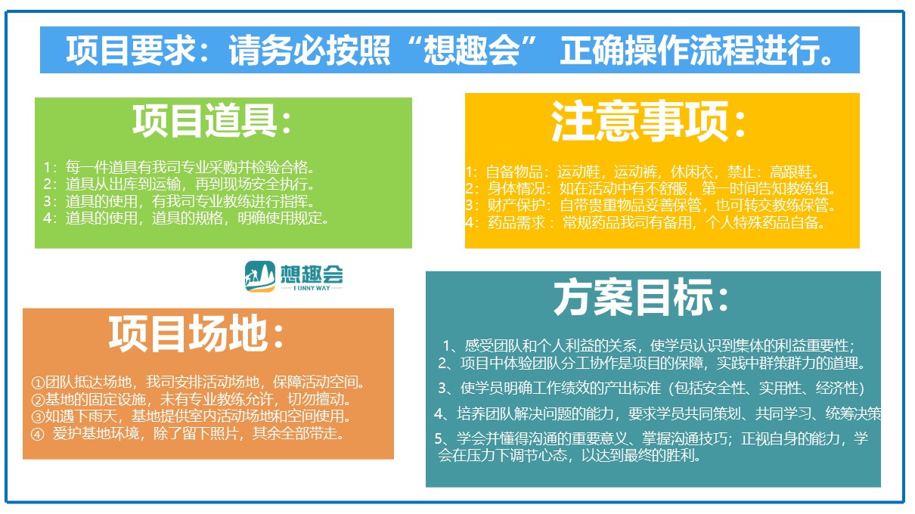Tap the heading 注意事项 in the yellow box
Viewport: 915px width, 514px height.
click(640, 121)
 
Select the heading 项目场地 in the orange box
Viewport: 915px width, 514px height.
click(188, 333)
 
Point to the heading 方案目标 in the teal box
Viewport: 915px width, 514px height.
click(632, 297)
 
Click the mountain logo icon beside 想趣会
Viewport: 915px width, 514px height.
click(260, 277)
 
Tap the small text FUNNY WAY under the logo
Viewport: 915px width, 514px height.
click(312, 288)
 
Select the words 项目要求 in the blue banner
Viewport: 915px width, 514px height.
click(132, 50)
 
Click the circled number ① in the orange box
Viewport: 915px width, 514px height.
click(38, 383)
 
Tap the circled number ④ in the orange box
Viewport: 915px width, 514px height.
click(38, 435)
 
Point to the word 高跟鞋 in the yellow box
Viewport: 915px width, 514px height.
click(791, 172)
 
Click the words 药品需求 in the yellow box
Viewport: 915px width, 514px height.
click(516, 223)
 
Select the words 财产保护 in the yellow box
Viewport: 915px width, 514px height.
click(516, 206)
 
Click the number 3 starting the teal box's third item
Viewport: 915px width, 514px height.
click(442, 388)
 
